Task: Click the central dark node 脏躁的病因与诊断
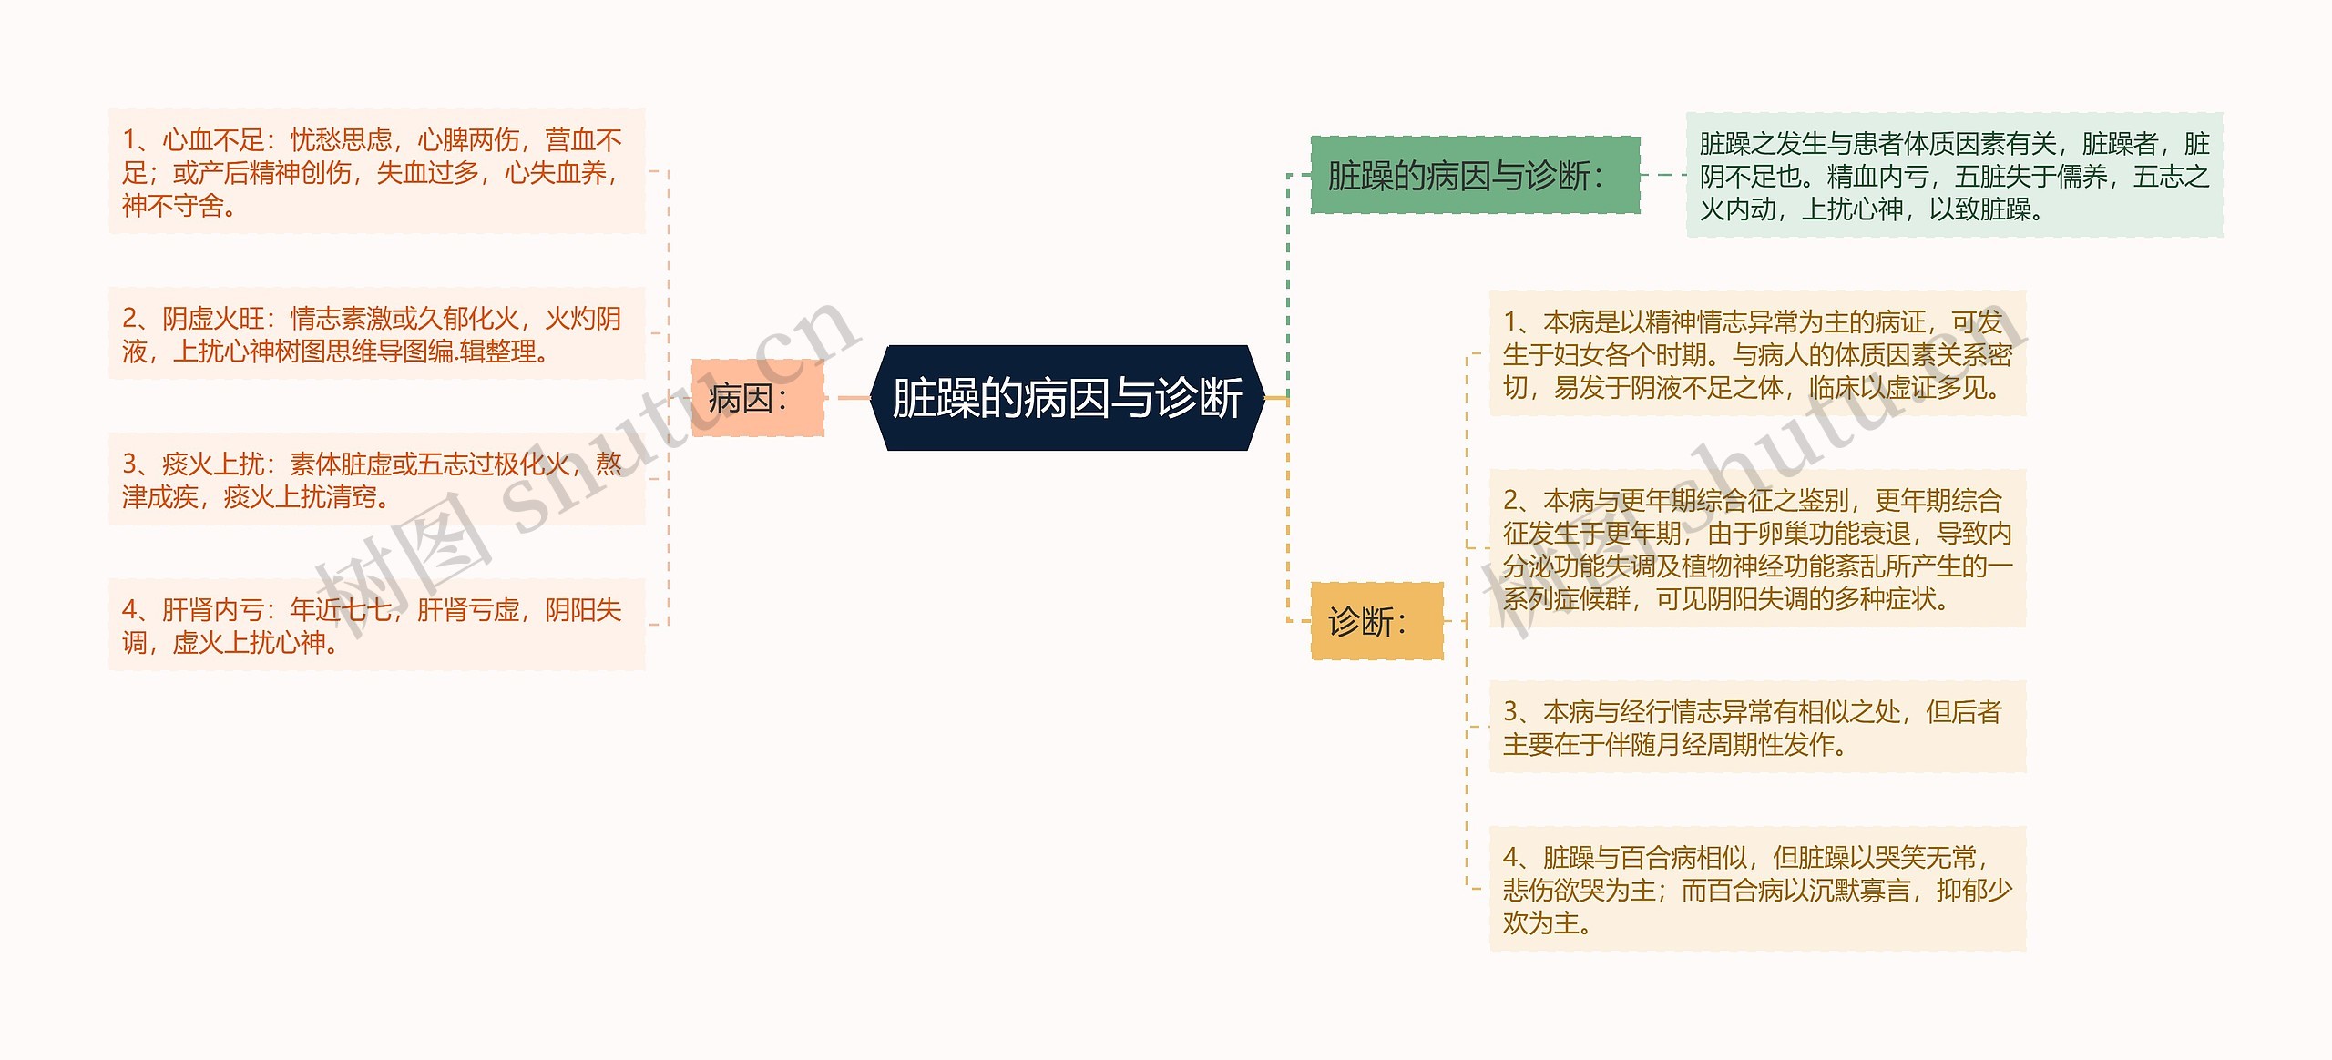pyautogui.click(x=1067, y=398)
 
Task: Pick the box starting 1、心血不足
pyautogui.click(x=376, y=172)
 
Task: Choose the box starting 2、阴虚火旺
pyautogui.click(x=376, y=334)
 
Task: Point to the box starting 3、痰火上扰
pyautogui.click(x=376, y=480)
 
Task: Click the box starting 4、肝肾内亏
pyautogui.click(x=376, y=626)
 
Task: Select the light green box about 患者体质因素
pyautogui.click(x=1954, y=176)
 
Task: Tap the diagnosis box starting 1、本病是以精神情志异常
pyautogui.click(x=1757, y=354)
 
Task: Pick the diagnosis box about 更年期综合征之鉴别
pyautogui.click(x=1757, y=549)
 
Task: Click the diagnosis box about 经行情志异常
pyautogui.click(x=1757, y=728)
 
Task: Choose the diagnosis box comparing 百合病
pyautogui.click(x=1757, y=890)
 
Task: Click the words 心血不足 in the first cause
pyautogui.click(x=213, y=140)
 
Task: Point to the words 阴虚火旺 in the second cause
pyautogui.click(x=213, y=319)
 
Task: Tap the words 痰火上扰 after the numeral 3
pyautogui.click(x=213, y=464)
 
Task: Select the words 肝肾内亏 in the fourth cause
pyautogui.click(x=213, y=610)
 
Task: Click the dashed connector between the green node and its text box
pyautogui.click(x=1663, y=175)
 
